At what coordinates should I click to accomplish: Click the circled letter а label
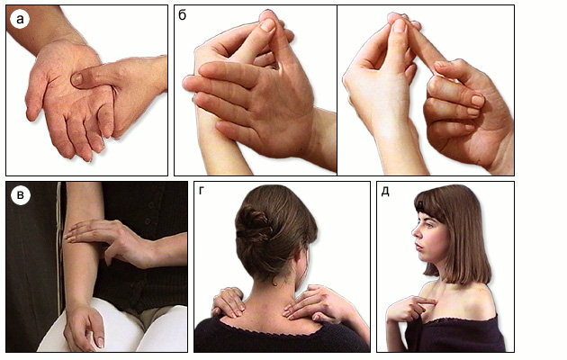[x=20, y=19]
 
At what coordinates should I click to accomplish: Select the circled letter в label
[x=20, y=195]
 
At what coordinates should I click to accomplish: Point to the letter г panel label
[x=202, y=191]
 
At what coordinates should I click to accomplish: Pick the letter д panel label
[x=385, y=191]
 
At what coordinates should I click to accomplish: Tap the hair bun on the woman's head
[x=253, y=222]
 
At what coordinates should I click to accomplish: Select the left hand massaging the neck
[x=229, y=301]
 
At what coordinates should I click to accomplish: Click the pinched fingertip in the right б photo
[x=399, y=22]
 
